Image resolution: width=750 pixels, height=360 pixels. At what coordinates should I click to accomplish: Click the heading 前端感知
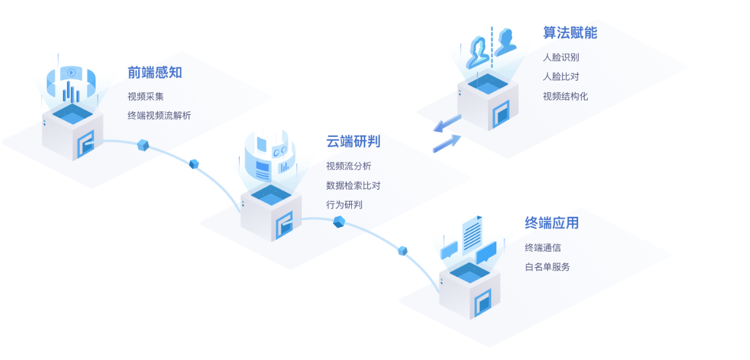(154, 72)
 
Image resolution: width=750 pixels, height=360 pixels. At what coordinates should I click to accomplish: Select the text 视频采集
(145, 96)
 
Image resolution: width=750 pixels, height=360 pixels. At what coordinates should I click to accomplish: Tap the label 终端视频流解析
(158, 115)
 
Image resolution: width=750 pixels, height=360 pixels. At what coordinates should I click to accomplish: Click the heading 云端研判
(353, 141)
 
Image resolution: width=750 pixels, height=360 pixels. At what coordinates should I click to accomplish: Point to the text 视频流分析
(349, 166)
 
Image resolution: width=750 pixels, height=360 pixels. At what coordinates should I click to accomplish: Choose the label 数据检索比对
(353, 186)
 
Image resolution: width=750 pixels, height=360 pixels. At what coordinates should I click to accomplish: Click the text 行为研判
(344, 205)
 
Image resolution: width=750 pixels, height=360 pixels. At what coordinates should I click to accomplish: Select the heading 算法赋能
(570, 33)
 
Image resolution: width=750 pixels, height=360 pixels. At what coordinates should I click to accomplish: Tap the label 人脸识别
(560, 57)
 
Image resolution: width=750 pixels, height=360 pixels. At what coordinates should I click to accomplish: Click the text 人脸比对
(560, 77)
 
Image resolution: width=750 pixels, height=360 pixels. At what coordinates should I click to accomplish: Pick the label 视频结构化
(565, 96)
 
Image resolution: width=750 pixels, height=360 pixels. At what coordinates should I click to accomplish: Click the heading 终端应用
(552, 223)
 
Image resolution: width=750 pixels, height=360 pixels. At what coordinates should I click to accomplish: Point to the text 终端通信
(543, 247)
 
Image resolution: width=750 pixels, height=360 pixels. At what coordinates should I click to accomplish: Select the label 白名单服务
(547, 267)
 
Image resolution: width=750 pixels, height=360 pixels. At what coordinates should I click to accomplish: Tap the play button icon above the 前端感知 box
(72, 72)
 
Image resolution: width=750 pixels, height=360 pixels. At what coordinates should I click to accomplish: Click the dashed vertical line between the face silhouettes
(491, 44)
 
